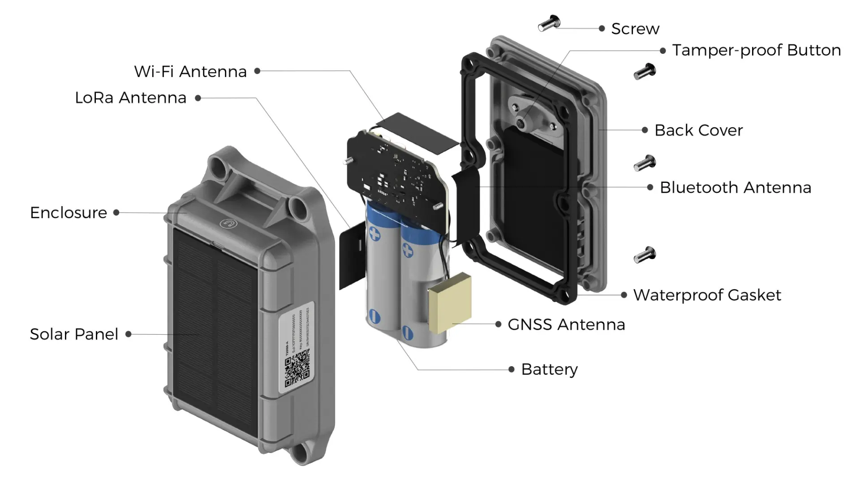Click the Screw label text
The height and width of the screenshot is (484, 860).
pos(635,29)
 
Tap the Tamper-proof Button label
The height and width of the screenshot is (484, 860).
pos(757,50)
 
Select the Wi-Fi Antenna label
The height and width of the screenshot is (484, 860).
pos(190,72)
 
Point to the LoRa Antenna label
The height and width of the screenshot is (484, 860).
pos(130,98)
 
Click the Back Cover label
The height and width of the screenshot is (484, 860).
pos(698,130)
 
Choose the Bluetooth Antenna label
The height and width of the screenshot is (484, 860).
pos(735,188)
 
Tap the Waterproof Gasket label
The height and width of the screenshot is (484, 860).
pos(707,295)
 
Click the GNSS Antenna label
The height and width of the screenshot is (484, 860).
pos(566,324)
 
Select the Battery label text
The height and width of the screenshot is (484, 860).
pos(550,370)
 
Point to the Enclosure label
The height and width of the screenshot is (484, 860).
pos(69,213)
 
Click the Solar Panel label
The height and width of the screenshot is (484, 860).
pos(74,334)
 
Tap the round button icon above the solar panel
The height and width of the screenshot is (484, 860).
pos(229,223)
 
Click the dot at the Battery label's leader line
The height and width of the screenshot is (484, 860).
pos(512,370)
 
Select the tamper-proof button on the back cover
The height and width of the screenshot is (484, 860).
pos(521,123)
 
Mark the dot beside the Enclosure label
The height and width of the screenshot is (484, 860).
pos(116,213)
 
